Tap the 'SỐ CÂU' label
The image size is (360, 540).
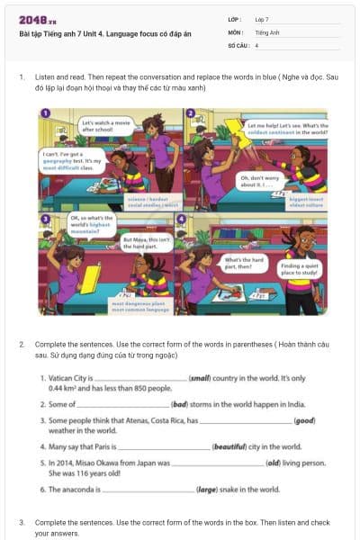238,44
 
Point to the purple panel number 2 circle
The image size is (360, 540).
191,112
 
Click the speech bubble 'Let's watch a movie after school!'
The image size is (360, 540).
103,126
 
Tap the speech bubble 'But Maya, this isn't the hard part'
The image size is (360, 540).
146,242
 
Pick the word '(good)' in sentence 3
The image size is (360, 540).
305,420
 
